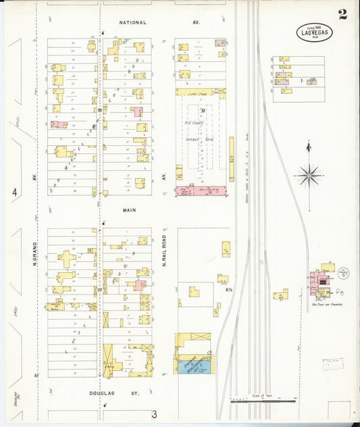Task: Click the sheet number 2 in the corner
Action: click(x=342, y=15)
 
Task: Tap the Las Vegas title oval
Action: click(x=313, y=32)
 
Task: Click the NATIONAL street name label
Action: click(x=132, y=22)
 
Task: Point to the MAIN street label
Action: click(x=129, y=210)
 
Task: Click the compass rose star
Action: click(x=309, y=176)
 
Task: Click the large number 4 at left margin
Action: click(x=14, y=193)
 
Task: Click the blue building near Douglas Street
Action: click(x=196, y=366)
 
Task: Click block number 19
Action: click(x=99, y=110)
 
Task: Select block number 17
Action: click(x=99, y=291)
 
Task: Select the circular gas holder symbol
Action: click(x=344, y=274)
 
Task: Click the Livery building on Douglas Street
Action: click(x=108, y=360)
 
